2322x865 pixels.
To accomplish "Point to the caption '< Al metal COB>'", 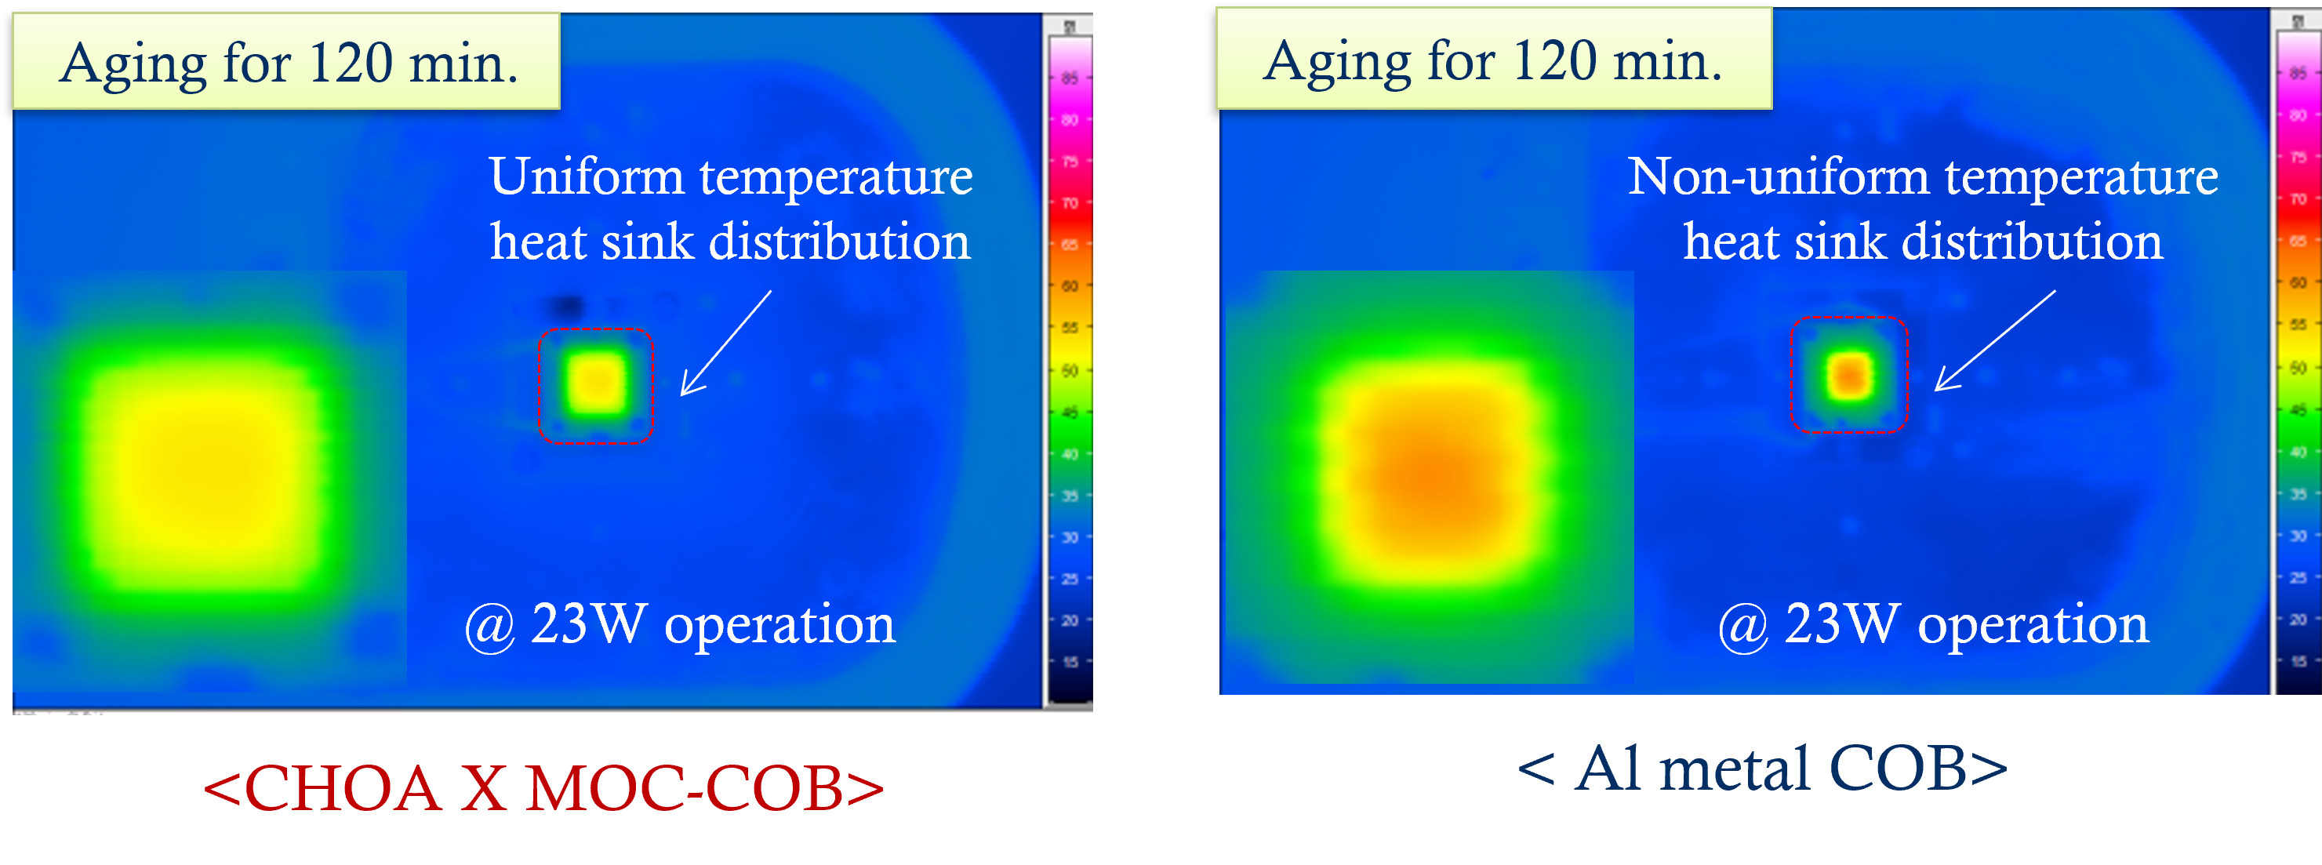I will point(1762,769).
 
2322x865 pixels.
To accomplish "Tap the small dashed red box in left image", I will point(596,386).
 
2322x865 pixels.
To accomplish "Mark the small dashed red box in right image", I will point(1849,375).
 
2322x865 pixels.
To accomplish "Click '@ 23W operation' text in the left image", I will point(680,623).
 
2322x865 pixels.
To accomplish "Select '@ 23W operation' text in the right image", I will point(1932,623).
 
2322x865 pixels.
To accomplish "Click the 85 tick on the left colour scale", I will point(1070,78).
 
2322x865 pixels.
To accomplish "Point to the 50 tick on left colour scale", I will point(1070,370).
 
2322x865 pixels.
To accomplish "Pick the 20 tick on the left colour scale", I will point(1070,620).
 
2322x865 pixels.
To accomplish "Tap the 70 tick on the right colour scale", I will point(2298,199).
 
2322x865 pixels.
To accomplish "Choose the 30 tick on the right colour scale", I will point(2298,535).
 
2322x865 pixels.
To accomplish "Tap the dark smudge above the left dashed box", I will point(566,304).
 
